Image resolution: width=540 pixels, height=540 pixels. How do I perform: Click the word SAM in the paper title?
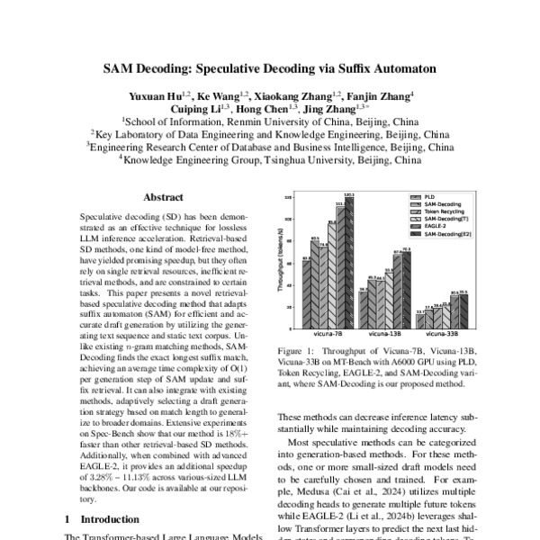pyautogui.click(x=121, y=67)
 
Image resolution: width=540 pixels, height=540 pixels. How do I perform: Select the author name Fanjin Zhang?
pyautogui.click(x=382, y=95)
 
